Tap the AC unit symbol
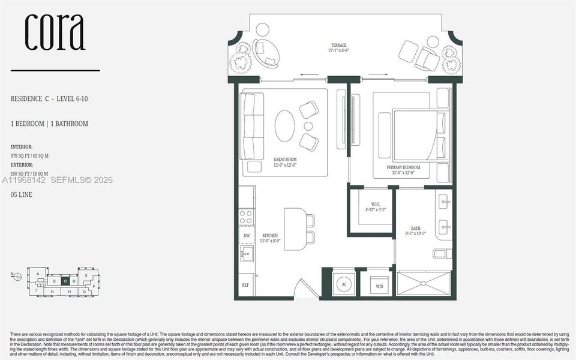[344, 284]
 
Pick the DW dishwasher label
[247, 236]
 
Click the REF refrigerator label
[245, 285]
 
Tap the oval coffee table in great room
[285, 125]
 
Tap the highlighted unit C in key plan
[64, 280]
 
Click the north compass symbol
[18, 277]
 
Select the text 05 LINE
[22, 196]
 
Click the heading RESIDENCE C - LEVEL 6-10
[53, 98]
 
